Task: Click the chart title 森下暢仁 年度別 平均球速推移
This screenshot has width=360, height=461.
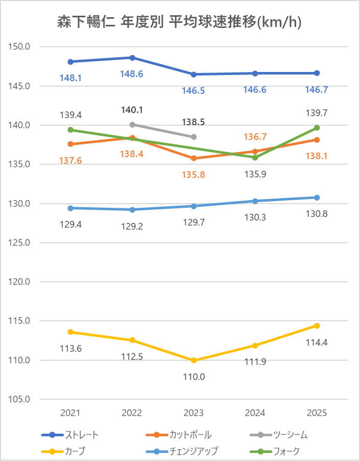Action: tap(179, 22)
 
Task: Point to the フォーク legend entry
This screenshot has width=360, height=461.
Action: tap(286, 451)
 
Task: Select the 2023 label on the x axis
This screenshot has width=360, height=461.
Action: tap(194, 413)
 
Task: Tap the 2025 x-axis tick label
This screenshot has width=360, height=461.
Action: tap(317, 413)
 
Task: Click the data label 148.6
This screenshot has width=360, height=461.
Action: tap(132, 74)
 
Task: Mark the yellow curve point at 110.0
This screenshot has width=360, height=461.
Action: tap(194, 360)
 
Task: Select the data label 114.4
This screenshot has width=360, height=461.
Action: tap(317, 342)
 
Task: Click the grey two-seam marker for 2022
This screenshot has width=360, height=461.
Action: tap(132, 125)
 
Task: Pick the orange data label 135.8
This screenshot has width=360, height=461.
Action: tap(194, 175)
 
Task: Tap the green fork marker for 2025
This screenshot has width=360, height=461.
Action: tap(317, 128)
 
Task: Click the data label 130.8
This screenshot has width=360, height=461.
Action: tap(317, 214)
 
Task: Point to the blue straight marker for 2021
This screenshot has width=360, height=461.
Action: tap(70, 62)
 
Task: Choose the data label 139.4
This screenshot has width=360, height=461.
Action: tap(70, 115)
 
